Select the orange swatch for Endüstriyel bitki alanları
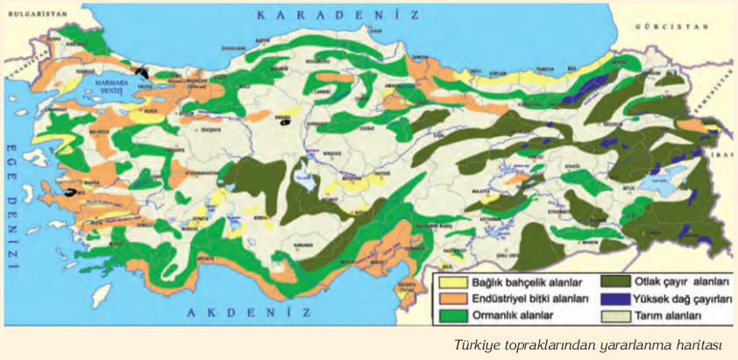(x=453, y=299)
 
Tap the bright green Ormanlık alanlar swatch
(x=453, y=314)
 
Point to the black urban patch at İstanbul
(x=143, y=70)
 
